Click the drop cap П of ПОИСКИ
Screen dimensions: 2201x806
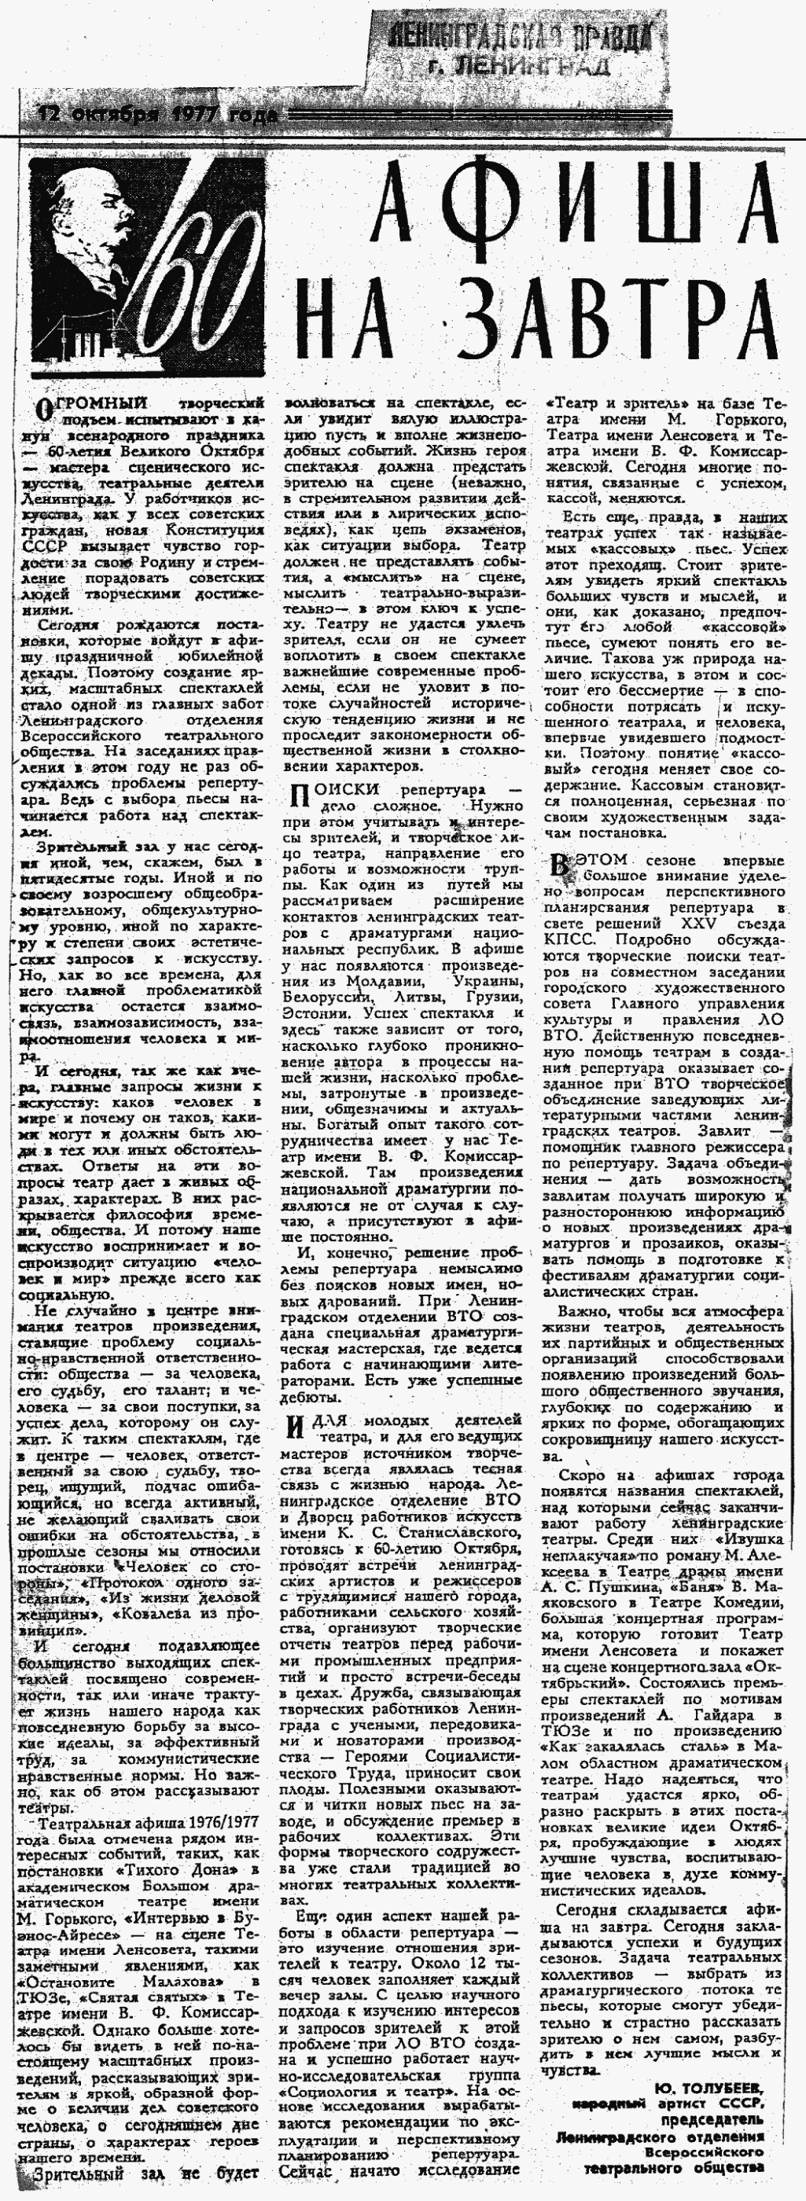[x=297, y=796]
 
